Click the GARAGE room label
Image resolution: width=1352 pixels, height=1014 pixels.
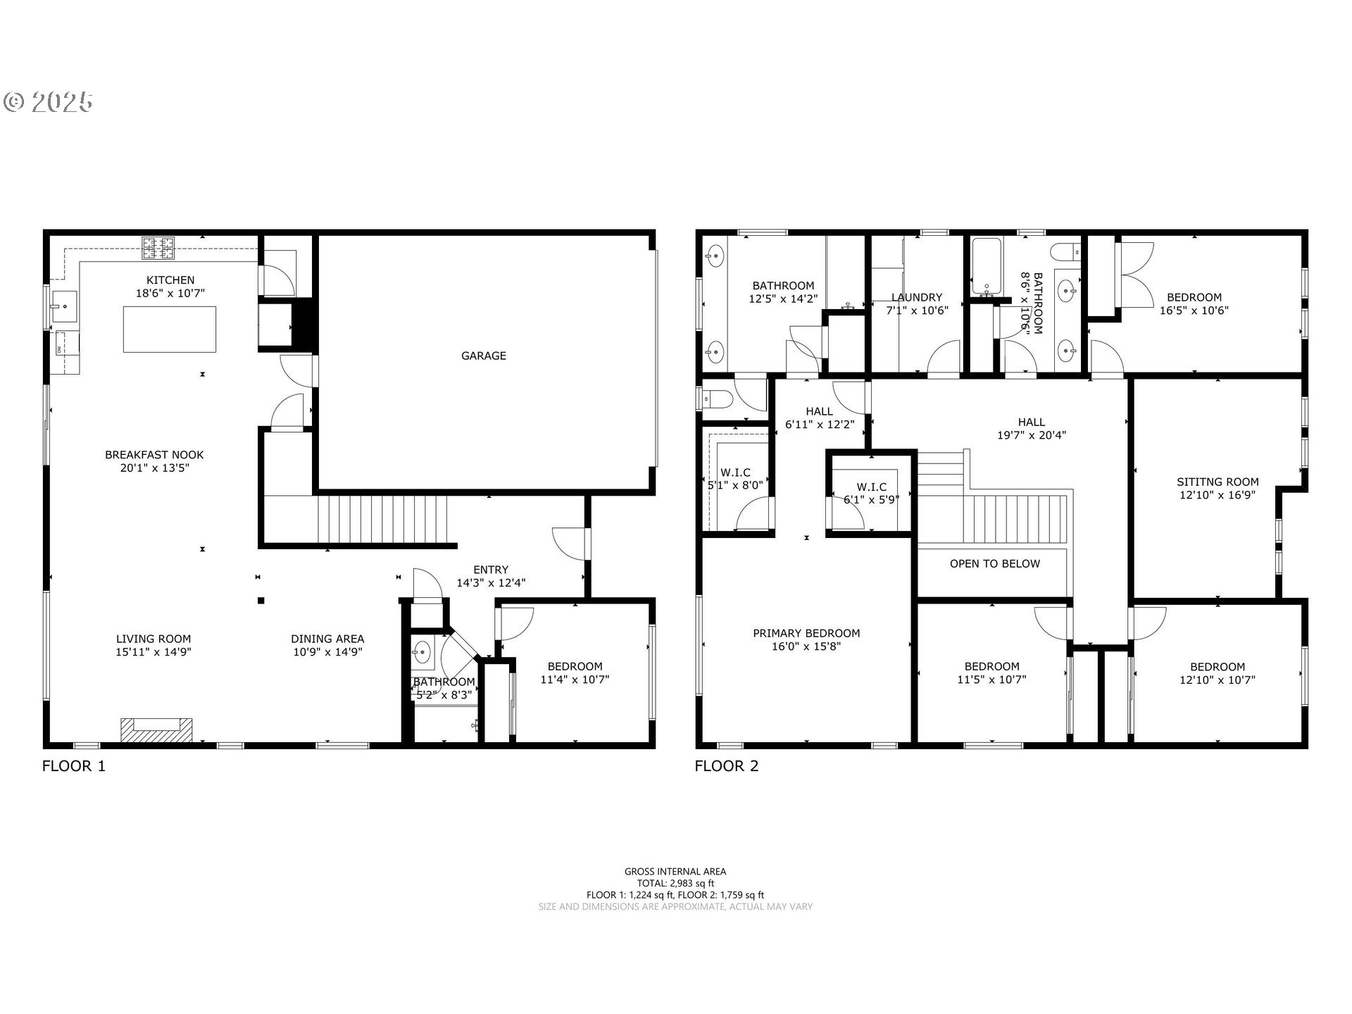(x=484, y=356)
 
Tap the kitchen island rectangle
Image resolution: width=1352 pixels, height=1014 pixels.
(x=170, y=329)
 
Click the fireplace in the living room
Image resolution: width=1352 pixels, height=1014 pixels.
(x=156, y=730)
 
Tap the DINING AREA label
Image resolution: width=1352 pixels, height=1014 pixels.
(x=327, y=639)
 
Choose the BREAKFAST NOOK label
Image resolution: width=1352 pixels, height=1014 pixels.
(x=154, y=455)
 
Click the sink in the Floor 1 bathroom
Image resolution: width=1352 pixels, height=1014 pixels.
(x=423, y=651)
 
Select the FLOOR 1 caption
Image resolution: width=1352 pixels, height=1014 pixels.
(x=74, y=766)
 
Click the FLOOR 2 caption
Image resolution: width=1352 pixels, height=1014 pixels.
(x=727, y=766)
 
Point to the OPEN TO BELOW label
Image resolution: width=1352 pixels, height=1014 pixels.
(x=994, y=563)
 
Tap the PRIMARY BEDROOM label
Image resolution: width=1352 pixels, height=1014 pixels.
(x=806, y=633)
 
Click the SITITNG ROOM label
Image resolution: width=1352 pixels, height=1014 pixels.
(x=1218, y=482)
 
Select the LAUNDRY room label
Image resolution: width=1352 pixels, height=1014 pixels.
(x=916, y=297)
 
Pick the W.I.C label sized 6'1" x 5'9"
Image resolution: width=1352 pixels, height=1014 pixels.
(x=872, y=487)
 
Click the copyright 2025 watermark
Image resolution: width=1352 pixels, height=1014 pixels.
(x=48, y=102)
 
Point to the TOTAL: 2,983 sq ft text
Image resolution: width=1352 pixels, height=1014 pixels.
(x=675, y=883)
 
